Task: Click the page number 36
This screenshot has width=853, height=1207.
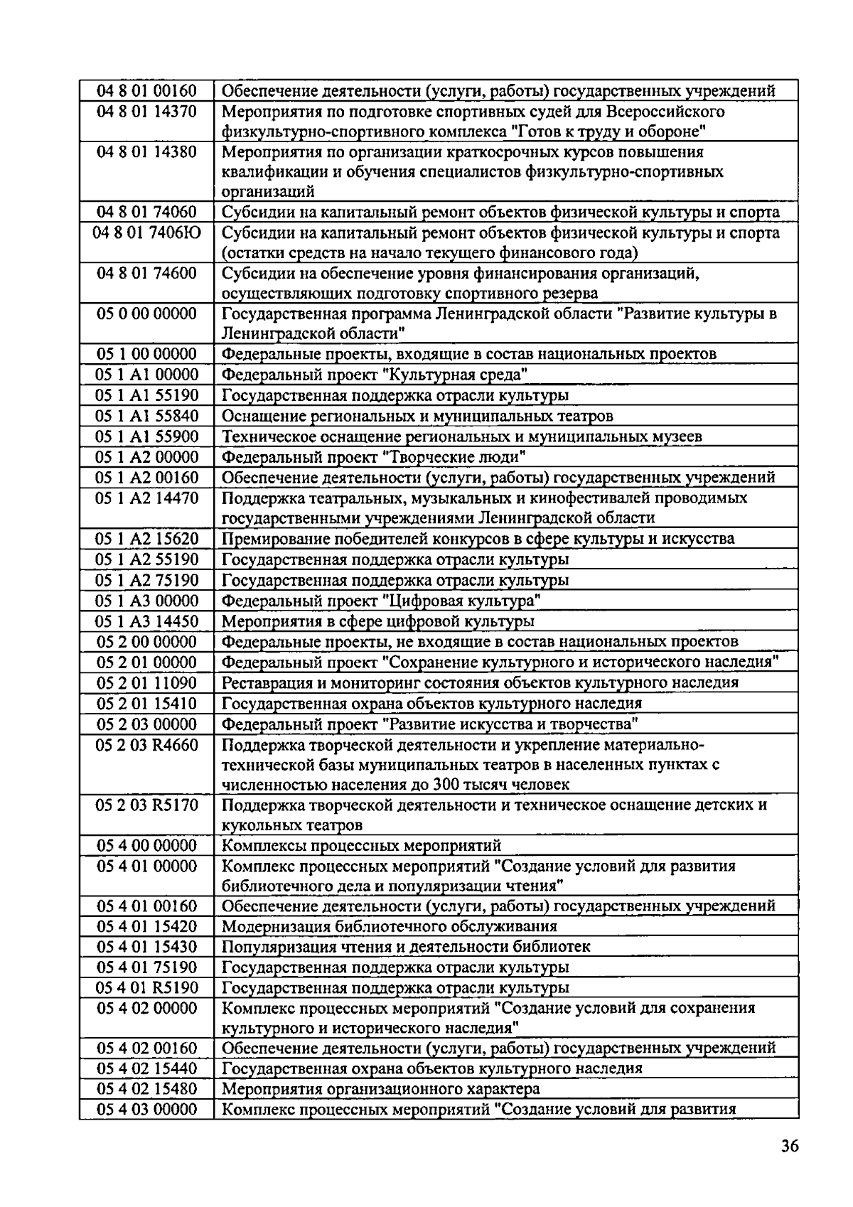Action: [788, 1147]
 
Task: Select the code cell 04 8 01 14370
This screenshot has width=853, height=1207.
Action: [147, 112]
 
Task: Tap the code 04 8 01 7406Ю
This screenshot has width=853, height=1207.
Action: [147, 233]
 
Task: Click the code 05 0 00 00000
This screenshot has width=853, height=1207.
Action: [147, 313]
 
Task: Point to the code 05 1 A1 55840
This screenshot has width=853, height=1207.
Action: [147, 416]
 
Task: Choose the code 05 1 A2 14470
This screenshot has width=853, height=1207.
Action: [147, 498]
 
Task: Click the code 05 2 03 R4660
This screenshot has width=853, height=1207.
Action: [147, 745]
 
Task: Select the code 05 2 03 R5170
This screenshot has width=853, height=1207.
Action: [147, 805]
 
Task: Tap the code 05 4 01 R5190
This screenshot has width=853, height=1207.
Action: [147, 988]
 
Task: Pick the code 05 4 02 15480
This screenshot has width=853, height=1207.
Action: [147, 1089]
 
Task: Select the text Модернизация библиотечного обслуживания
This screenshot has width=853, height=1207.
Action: [390, 927]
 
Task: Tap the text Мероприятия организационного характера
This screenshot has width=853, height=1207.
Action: [381, 1089]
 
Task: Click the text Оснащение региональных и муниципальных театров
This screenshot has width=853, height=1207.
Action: [417, 416]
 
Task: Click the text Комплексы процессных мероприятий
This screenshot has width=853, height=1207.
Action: [362, 846]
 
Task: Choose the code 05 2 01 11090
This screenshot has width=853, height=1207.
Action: [147, 683]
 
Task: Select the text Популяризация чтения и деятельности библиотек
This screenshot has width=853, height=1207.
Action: [406, 948]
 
